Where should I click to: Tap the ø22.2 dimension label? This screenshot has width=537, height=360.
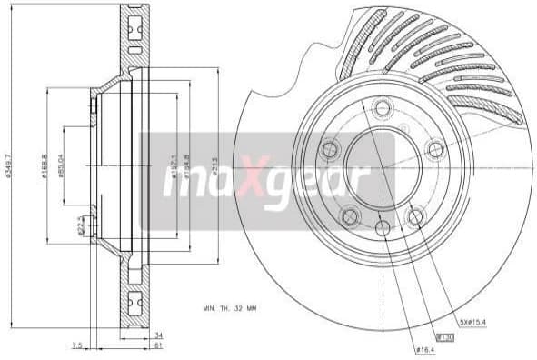80,223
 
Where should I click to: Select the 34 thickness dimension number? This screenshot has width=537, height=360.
157,334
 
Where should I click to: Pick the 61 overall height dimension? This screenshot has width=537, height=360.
157,346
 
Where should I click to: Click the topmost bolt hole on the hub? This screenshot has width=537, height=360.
381,107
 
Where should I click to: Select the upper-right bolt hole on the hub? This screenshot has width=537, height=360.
435,148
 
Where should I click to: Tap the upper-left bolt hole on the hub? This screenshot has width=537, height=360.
329,149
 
